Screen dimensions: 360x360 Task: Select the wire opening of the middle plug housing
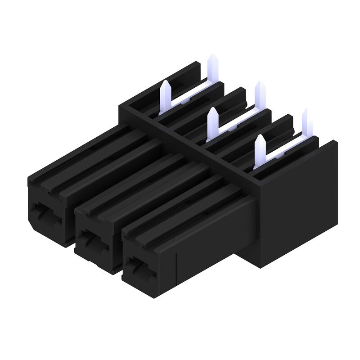93,238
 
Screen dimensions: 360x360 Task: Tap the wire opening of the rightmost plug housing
139,265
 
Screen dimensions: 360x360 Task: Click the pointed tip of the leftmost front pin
165,84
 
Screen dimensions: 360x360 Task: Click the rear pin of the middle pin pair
260,92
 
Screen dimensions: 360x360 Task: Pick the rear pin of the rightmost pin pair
305,118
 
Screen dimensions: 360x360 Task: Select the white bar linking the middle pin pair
236,121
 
